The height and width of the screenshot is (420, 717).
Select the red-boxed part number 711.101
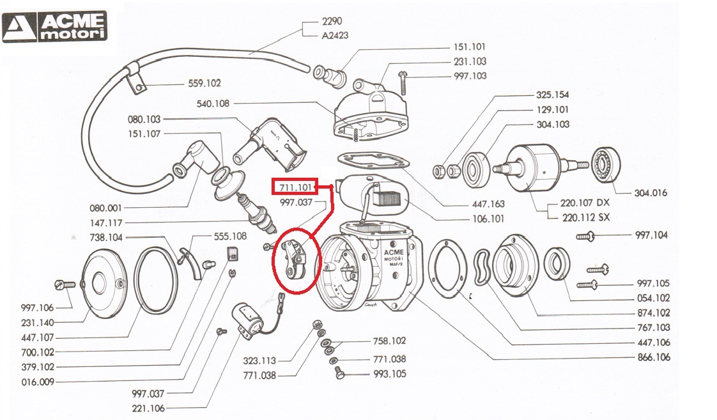click(295, 187)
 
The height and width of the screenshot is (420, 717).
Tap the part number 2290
click(332, 21)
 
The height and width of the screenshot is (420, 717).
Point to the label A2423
click(335, 35)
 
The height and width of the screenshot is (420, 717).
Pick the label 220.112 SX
click(584, 217)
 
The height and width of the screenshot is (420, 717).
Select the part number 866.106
click(654, 357)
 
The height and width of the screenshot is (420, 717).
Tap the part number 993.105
click(389, 374)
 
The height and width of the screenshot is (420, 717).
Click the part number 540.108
click(213, 104)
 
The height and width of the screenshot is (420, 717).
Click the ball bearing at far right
click(603, 166)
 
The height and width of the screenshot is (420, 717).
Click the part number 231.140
click(38, 322)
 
